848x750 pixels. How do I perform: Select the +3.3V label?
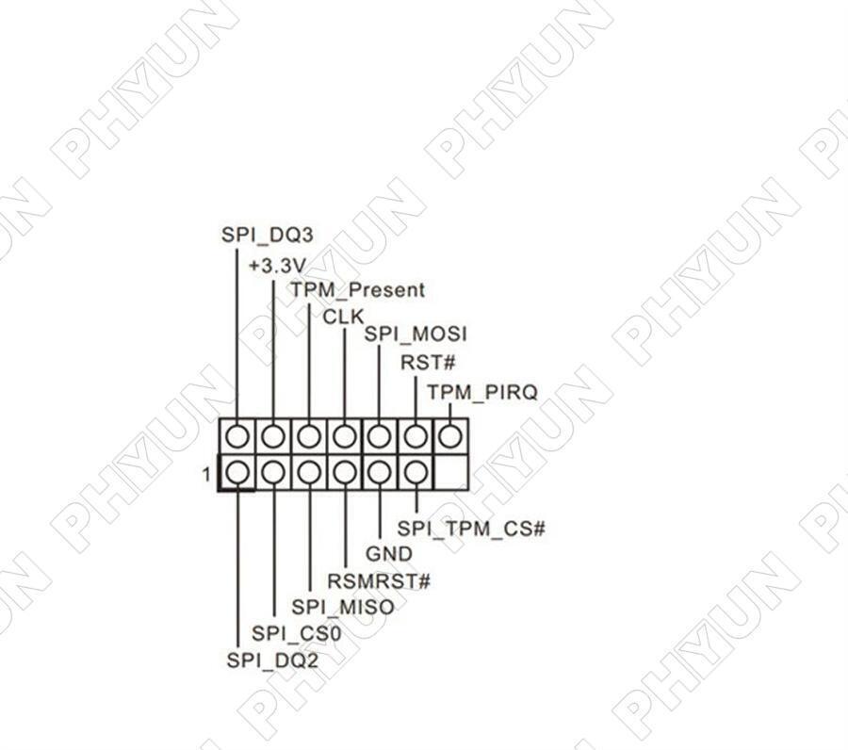[277, 266]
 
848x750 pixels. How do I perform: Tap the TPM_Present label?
[357, 290]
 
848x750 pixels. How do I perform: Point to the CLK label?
[343, 317]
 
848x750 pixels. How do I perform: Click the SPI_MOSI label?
[416, 334]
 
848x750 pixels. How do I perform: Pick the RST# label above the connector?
[428, 362]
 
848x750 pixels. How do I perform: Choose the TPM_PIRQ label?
[482, 392]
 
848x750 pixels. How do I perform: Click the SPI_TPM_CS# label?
[471, 529]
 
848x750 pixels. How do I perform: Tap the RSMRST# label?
[379, 581]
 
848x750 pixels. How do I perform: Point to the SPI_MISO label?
[343, 607]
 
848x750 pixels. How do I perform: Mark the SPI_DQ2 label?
[272, 660]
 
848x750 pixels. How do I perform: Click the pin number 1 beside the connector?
[206, 474]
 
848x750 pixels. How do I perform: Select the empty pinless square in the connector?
[450, 472]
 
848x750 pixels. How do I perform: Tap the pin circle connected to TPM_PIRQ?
[450, 436]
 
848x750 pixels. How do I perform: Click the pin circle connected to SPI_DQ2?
[237, 472]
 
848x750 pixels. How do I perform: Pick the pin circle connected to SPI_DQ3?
[237, 436]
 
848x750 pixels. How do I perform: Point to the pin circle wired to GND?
[379, 472]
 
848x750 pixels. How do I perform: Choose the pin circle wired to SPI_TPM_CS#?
[415, 472]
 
